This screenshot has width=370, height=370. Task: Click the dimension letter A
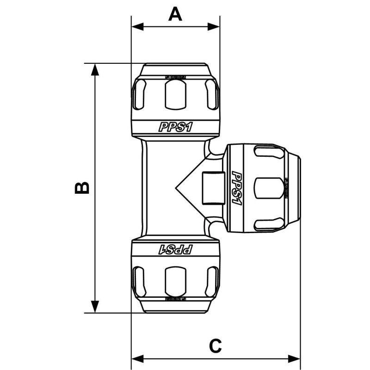coord(175,14)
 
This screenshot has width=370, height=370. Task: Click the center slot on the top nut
coord(175,94)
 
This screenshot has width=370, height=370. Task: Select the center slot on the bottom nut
coord(175,282)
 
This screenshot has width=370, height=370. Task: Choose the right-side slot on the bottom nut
coord(212,282)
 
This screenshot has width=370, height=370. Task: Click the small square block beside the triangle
coord(213,188)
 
